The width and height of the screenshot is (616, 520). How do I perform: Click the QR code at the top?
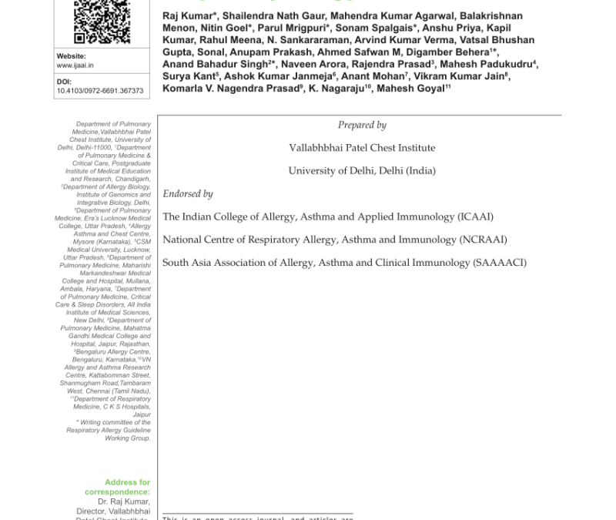[91, 22]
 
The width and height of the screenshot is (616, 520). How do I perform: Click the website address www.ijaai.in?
[75, 65]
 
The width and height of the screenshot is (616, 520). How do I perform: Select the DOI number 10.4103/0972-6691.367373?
[100, 91]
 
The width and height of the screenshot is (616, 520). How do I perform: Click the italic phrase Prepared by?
[362, 126]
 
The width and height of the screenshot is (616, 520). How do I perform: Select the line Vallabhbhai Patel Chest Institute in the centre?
[362, 148]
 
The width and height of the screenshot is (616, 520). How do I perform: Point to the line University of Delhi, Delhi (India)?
[362, 171]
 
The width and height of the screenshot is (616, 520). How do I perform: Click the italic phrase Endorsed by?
[188, 194]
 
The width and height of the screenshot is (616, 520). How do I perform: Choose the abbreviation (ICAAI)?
[471, 217]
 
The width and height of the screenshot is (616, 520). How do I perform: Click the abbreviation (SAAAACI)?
[499, 263]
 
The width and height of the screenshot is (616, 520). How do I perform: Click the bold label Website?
[71, 56]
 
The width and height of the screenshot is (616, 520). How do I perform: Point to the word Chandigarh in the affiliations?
[131, 179]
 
